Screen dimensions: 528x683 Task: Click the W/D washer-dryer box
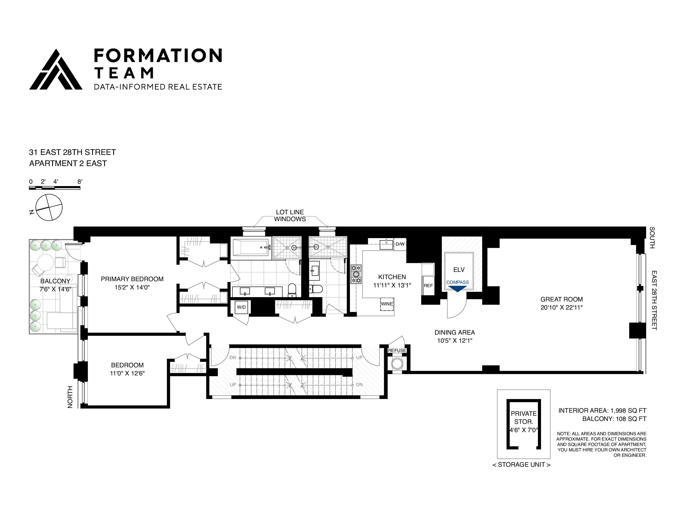click(241, 307)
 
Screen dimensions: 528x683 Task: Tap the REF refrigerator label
click(428, 286)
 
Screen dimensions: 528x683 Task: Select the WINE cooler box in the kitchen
click(387, 304)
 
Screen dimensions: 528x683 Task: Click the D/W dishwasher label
click(400, 244)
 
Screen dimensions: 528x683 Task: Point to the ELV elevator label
click(459, 270)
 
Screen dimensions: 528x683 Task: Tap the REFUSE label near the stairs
click(397, 350)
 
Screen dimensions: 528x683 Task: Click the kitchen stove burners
click(356, 274)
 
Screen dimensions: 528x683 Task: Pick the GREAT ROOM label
click(561, 299)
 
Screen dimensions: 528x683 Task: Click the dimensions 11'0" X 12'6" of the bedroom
click(127, 373)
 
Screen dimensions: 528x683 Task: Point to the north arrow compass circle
click(49, 207)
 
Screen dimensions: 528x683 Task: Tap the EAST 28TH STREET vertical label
click(654, 300)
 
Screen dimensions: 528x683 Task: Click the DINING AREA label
click(454, 333)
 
